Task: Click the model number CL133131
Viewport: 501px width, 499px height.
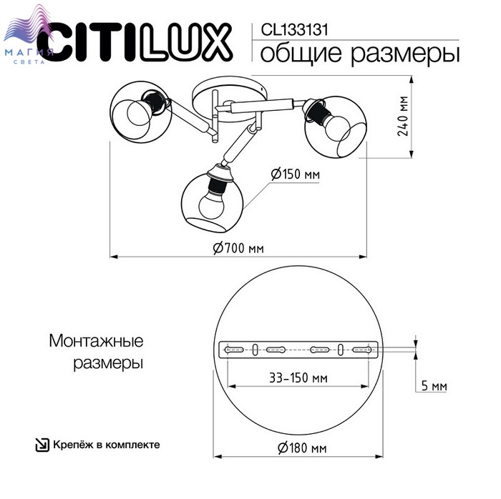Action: coord(294,30)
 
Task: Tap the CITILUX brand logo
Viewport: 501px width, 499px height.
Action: coord(135,42)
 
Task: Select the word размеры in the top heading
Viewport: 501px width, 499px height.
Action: coord(405,54)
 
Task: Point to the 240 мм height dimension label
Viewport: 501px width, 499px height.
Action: coord(403,116)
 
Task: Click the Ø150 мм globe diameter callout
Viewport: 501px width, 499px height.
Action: coord(295,174)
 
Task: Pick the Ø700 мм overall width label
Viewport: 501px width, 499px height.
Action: coord(238,248)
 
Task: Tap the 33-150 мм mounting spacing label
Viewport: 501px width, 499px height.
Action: coord(298,378)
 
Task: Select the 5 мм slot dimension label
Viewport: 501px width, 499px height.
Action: coord(434,386)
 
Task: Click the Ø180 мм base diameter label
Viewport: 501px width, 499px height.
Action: coord(302,448)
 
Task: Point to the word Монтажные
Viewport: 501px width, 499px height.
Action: coord(96,341)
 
